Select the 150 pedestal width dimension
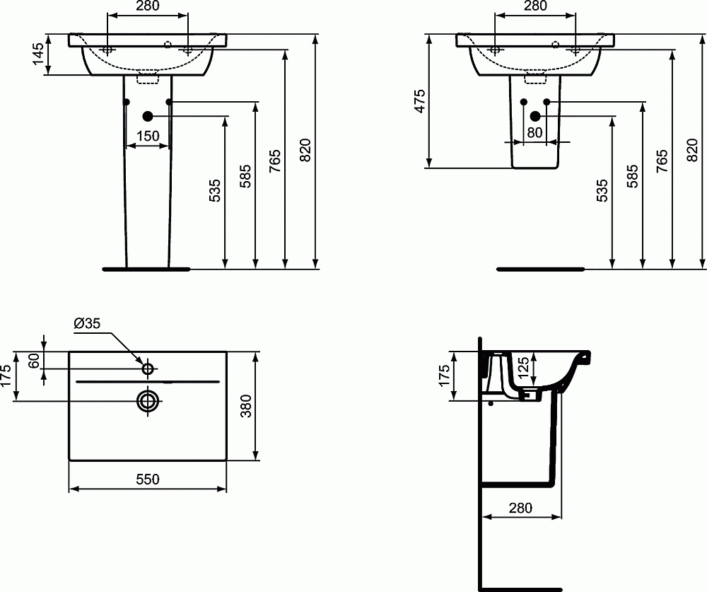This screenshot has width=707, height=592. coord(148,136)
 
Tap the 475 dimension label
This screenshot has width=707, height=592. coord(419,101)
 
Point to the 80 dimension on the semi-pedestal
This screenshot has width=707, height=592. coord(534,132)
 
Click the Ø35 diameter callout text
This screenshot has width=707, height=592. coord(87,323)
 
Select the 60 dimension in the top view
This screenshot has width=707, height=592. coord(33,360)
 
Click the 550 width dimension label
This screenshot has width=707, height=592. coord(148,479)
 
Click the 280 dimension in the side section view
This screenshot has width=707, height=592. coord(520,507)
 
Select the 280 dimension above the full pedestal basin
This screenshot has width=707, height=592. coord(147,6)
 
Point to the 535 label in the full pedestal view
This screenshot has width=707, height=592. coord(215,191)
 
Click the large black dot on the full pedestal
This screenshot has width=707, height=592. coord(148,116)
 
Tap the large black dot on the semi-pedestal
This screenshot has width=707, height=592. coord(535,116)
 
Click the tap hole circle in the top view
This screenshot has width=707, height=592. coord(148,368)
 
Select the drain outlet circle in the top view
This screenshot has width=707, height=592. coord(148,400)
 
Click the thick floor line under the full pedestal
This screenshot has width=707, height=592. coord(146,269)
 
